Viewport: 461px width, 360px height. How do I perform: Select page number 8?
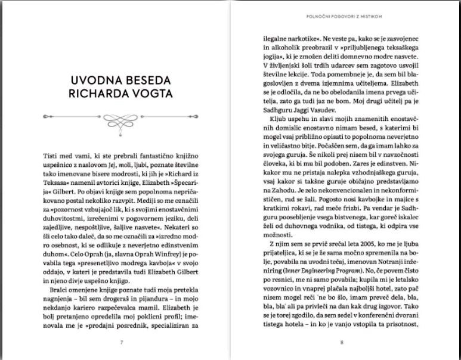tap(342, 342)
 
